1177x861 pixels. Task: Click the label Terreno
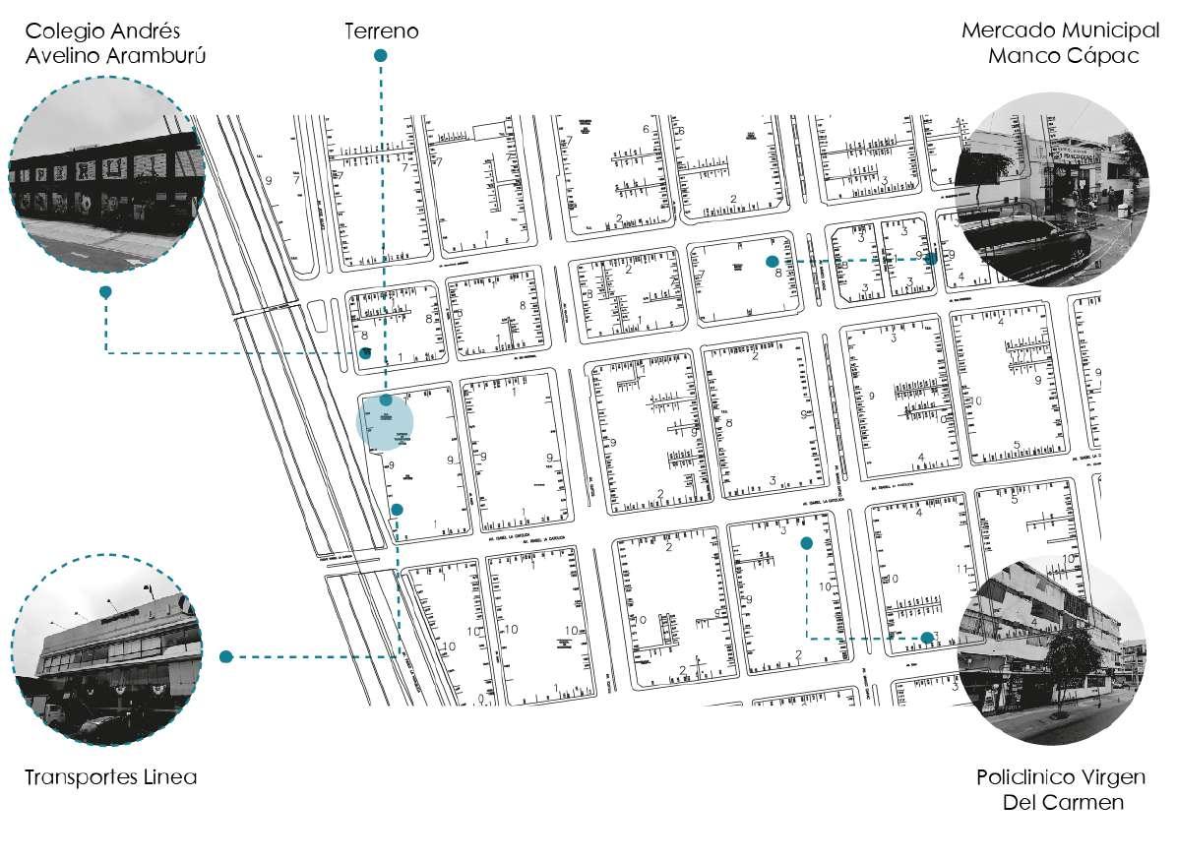[x=381, y=31]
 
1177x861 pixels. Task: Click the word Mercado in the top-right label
[x=1005, y=30]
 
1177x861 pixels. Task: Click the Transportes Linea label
[x=111, y=777]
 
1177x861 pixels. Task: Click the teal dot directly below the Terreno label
[x=380, y=56]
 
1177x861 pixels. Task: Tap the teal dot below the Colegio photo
[x=105, y=292]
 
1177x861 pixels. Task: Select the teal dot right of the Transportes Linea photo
[x=225, y=656]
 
